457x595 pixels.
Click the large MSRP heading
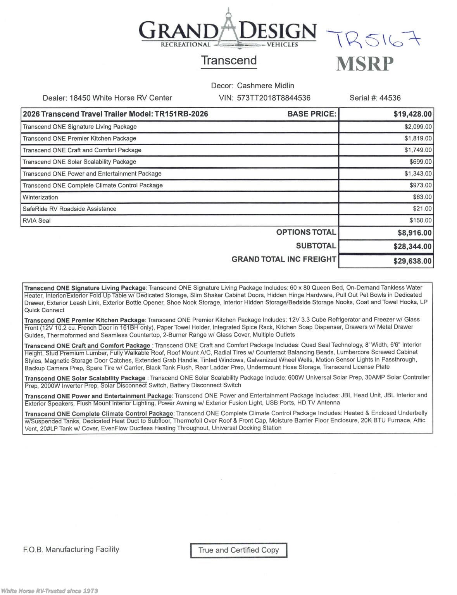click(365, 64)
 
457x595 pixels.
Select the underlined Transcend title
click(229, 61)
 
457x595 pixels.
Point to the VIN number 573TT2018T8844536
click(274, 98)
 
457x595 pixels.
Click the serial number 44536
click(390, 98)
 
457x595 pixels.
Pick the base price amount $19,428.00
click(412, 114)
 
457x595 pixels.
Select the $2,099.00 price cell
click(418, 127)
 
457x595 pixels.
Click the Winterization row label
click(40, 197)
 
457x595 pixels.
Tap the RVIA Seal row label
click(36, 221)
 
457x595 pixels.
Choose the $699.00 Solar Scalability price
click(420, 162)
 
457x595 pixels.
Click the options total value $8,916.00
click(414, 233)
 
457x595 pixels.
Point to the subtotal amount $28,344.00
click(412, 246)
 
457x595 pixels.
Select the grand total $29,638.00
click(412, 261)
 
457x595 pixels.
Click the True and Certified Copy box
click(238, 550)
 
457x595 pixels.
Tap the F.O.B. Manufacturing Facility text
click(71, 549)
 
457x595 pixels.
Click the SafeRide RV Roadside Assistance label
click(69, 209)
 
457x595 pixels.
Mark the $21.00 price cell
click(422, 209)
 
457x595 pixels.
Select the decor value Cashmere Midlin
click(266, 86)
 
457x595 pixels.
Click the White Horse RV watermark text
click(50, 591)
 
